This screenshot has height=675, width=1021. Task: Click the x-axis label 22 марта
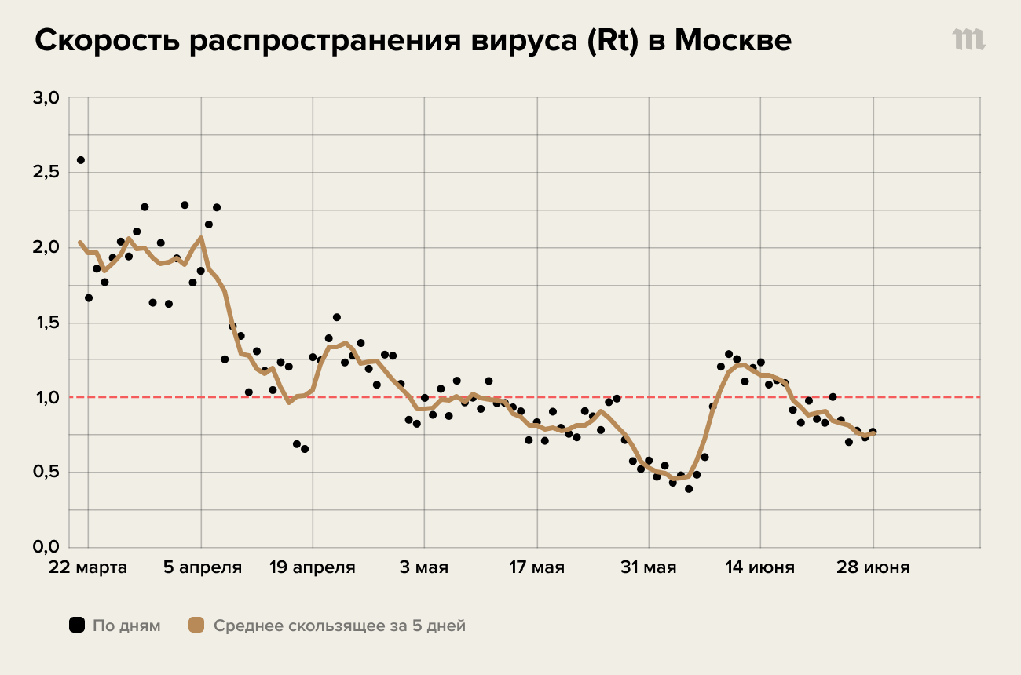coord(88,567)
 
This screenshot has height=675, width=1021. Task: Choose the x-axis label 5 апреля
coord(202,567)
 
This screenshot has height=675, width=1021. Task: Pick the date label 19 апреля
coord(313,567)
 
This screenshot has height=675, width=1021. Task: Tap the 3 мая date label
coord(425,567)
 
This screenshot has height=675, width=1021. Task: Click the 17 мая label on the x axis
coord(537,567)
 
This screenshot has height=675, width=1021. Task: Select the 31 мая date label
coord(649,567)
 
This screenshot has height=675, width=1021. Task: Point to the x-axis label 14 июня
coord(760,567)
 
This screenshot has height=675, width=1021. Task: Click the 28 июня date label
coord(873,567)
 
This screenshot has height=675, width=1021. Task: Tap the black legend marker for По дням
coord(76,626)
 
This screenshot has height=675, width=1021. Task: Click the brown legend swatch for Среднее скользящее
coord(196,626)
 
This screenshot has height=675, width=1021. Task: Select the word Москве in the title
coord(733,42)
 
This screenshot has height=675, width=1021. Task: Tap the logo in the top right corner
coord(969,40)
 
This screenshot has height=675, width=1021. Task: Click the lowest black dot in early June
coord(689,489)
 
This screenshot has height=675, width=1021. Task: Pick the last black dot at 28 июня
coord(873,432)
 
